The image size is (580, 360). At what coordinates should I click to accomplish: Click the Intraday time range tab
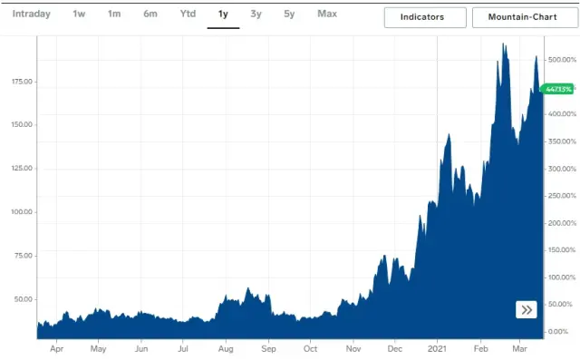pyautogui.click(x=30, y=15)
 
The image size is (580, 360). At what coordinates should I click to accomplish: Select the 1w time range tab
pyautogui.click(x=79, y=15)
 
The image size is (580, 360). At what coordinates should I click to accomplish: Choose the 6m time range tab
pyautogui.click(x=150, y=15)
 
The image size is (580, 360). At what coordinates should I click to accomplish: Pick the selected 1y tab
pyautogui.click(x=223, y=15)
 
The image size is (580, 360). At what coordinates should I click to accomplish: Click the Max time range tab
pyautogui.click(x=327, y=15)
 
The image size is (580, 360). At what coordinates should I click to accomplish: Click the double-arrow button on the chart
pyautogui.click(x=527, y=310)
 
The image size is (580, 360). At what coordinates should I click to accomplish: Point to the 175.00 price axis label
pyautogui.click(x=21, y=82)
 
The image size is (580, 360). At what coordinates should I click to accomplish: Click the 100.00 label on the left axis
pyautogui.click(x=21, y=212)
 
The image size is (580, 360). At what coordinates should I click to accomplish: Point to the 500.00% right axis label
pyautogui.click(x=562, y=60)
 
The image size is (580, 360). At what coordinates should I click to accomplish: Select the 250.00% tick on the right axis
pyautogui.click(x=562, y=196)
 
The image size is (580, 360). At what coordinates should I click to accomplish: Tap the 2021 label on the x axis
pyautogui.click(x=438, y=348)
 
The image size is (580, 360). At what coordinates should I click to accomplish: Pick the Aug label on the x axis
pyautogui.click(x=226, y=348)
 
